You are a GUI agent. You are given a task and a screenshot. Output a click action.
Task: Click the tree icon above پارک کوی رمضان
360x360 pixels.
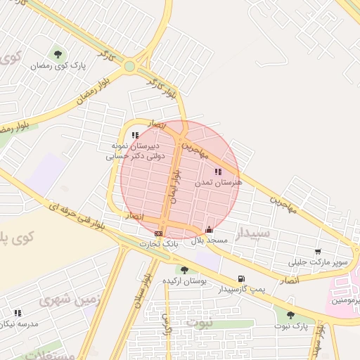click(x=58, y=54)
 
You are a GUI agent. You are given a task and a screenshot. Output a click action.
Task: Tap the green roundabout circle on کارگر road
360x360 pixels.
click(x=129, y=67)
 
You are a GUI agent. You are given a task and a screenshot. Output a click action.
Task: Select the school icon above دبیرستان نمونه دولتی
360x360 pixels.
click(x=135, y=135)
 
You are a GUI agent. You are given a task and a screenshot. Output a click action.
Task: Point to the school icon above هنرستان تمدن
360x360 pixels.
click(x=218, y=171)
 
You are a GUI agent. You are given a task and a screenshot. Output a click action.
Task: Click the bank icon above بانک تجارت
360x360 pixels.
click(x=159, y=233)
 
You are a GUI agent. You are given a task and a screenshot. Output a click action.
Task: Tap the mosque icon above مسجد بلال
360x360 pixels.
click(x=209, y=229)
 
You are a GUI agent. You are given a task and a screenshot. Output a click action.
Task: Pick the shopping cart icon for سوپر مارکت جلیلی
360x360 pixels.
click(x=318, y=252)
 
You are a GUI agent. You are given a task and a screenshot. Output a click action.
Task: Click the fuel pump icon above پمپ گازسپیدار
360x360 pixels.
click(x=242, y=278)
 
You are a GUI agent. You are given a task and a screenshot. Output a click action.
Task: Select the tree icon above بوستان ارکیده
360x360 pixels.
click(x=184, y=270)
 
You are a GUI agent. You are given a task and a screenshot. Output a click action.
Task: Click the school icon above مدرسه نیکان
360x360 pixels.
click(x=18, y=313)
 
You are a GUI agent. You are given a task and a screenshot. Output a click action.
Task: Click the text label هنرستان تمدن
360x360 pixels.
click(x=219, y=181)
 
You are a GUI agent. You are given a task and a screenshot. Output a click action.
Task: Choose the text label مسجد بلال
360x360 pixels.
click(x=209, y=240)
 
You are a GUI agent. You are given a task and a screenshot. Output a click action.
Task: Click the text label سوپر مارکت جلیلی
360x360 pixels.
click(x=319, y=262)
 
